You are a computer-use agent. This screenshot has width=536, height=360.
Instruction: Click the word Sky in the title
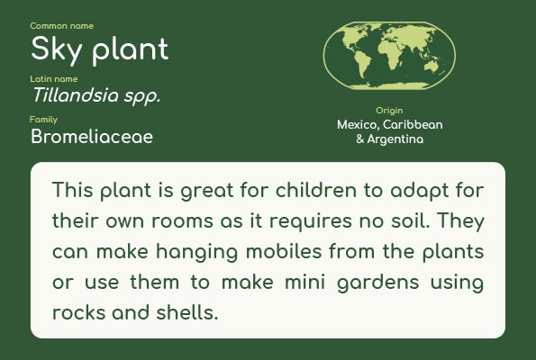(57, 49)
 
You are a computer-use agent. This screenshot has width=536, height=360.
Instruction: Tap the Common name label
(61, 26)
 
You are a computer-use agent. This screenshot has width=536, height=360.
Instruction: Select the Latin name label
(54, 79)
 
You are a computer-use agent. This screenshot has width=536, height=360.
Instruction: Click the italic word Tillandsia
(76, 94)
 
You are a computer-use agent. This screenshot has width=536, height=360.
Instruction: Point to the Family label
(43, 120)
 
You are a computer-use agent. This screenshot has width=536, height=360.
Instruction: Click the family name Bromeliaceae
(92, 137)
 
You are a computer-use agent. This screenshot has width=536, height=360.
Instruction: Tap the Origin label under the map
(389, 111)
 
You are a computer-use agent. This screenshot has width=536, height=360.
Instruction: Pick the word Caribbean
(413, 124)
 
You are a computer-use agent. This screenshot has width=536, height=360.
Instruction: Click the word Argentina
(395, 139)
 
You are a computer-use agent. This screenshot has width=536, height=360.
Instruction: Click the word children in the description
(316, 190)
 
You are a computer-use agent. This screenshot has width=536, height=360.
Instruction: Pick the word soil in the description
(410, 220)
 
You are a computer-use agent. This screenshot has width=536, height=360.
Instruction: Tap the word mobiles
(284, 251)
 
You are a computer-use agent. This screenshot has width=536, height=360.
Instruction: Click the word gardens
(377, 283)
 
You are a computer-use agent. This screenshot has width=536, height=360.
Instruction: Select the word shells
(187, 312)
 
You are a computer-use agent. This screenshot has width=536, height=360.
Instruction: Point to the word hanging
(196, 252)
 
